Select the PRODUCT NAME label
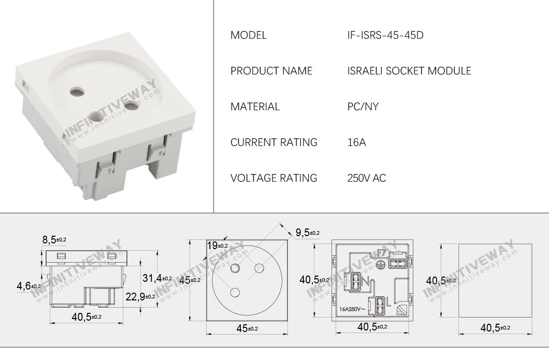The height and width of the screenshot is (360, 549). pos(271,71)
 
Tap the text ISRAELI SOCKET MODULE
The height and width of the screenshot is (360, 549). pos(409,71)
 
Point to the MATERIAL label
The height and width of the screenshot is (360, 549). pos(255,107)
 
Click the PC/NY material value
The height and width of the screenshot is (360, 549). pos(363,107)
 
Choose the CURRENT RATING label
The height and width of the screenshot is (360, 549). pos(273,142)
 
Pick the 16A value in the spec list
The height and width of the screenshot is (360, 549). pos(356,142)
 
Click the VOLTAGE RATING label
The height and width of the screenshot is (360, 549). pos(273,178)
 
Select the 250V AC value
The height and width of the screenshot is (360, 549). pos(366,178)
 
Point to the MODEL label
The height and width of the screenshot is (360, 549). pos(248,36)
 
